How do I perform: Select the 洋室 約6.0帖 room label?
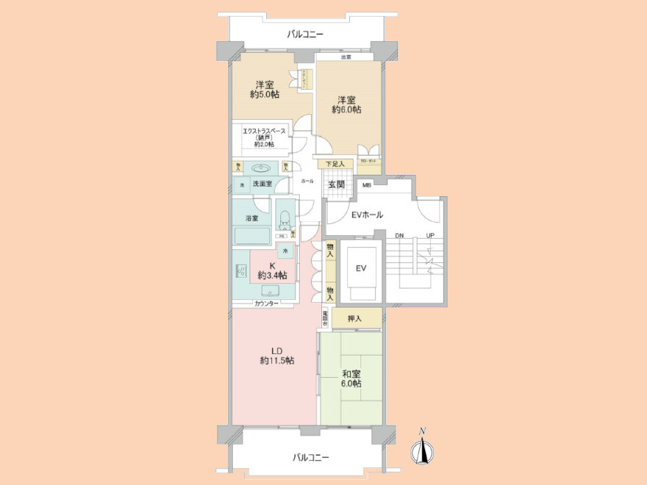coord(346,104)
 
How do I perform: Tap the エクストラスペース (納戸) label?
coord(264,137)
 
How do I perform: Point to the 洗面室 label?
coord(262,184)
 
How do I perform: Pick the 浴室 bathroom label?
coord(251,218)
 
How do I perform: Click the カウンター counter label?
coord(266,303)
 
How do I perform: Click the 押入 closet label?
coord(355,318)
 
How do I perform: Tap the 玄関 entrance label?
coord(337,184)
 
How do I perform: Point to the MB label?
coord(366,185)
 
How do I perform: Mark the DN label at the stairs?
coord(399,235)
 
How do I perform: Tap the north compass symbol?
coord(423,450)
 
